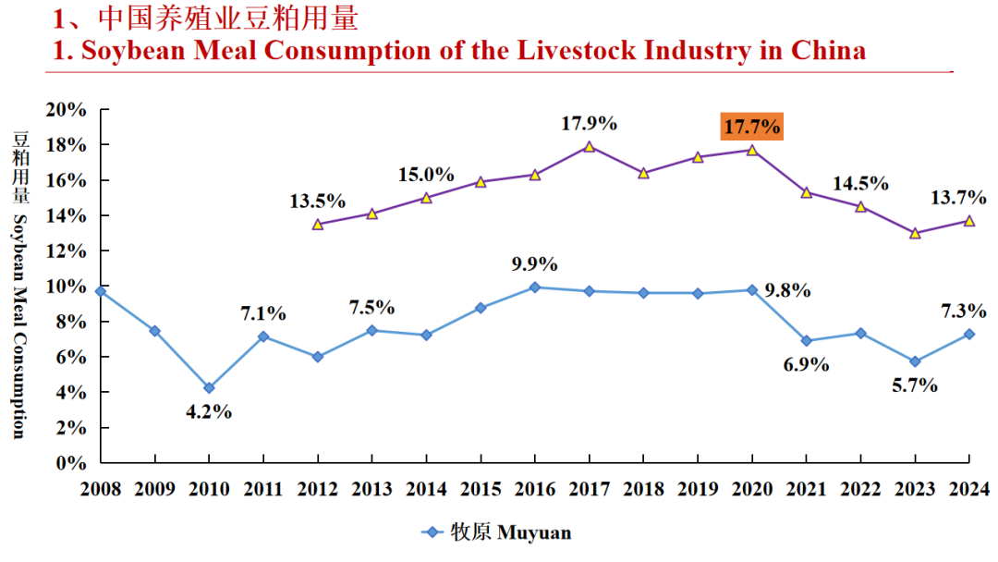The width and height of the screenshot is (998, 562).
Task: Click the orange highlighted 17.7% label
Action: pyautogui.click(x=751, y=125)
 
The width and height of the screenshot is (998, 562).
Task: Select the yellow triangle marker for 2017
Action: pyautogui.click(x=589, y=146)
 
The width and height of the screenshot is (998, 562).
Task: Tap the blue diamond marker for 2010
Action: pyautogui.click(x=209, y=388)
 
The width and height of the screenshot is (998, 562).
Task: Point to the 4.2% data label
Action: pyautogui.click(x=209, y=412)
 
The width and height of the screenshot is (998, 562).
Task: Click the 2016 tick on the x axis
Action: pyautogui.click(x=534, y=487)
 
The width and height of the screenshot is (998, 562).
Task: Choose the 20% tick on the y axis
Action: pyautogui.click(x=67, y=110)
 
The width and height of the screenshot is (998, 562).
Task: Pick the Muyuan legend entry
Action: pyautogui.click(x=497, y=531)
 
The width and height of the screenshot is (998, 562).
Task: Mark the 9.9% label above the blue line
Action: pyautogui.click(x=535, y=264)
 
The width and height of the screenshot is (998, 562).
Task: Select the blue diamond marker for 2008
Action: pyautogui.click(x=101, y=291)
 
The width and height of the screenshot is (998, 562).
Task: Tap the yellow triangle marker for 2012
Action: pyautogui.click(x=318, y=224)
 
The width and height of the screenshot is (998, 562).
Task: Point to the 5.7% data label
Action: pyautogui.click(x=915, y=385)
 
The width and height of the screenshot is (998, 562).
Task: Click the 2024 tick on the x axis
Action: pyautogui.click(x=969, y=487)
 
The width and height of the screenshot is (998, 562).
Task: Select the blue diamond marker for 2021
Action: pyautogui.click(x=806, y=341)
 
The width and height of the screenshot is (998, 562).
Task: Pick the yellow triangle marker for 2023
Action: pyautogui.click(x=915, y=233)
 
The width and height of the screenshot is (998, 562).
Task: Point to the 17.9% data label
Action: pyautogui.click(x=589, y=123)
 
